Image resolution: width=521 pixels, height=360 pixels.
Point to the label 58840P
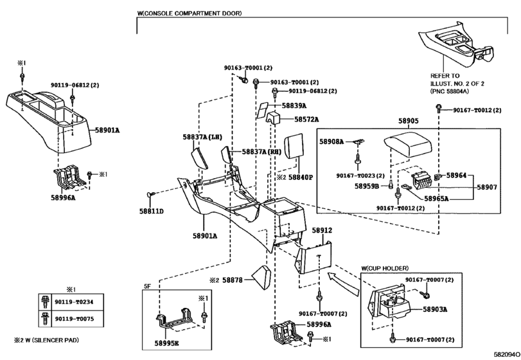pos(300,177)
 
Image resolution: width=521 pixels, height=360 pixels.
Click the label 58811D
pos(152,211)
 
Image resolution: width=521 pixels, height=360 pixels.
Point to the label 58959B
pos(367,186)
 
